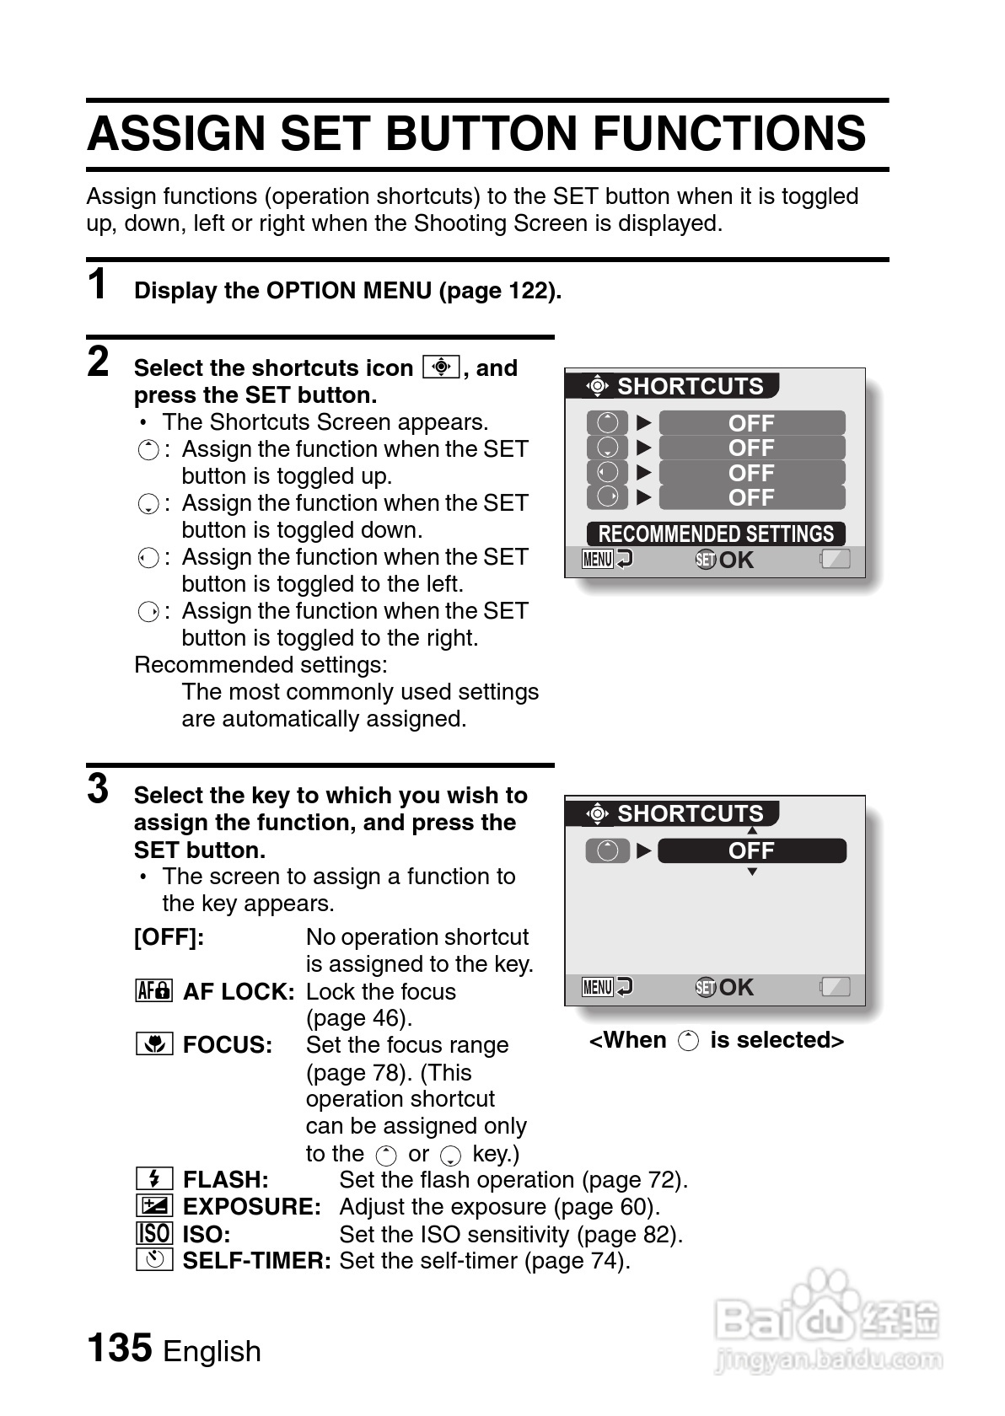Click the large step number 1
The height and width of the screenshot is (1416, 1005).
(99, 284)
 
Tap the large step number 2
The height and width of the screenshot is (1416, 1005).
(99, 362)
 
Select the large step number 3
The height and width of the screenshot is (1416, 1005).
(99, 790)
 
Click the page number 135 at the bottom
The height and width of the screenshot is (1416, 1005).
(120, 1347)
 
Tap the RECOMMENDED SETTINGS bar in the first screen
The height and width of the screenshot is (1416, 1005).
(716, 534)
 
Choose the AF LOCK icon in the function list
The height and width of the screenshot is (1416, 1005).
(154, 990)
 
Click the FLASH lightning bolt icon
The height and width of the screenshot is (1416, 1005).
(154, 1178)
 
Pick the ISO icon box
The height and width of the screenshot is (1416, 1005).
(154, 1233)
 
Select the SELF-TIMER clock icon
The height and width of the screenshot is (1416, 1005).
(154, 1260)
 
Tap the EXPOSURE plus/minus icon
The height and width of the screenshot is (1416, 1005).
(154, 1205)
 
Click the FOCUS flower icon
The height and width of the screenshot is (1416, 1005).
(154, 1044)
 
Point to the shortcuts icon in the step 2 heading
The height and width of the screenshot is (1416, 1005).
(442, 367)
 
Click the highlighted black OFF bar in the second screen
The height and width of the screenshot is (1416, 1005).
(751, 850)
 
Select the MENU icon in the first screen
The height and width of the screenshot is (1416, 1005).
(598, 559)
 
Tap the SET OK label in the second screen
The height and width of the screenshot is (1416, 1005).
(725, 987)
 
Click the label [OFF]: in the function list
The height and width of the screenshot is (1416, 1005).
(169, 937)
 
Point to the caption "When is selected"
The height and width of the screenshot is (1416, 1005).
(716, 1040)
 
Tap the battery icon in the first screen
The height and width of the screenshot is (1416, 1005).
(836, 559)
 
